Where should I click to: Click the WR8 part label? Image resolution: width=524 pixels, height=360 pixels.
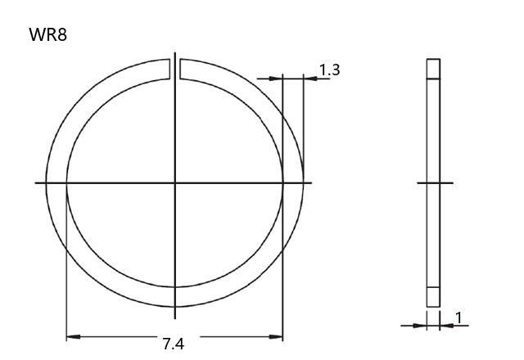(47, 34)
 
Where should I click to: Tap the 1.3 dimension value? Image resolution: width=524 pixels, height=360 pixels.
(329, 70)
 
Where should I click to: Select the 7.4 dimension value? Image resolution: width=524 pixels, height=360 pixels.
(174, 344)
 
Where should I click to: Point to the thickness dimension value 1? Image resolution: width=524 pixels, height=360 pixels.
(458, 318)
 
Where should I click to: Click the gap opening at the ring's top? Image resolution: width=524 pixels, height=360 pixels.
(174, 69)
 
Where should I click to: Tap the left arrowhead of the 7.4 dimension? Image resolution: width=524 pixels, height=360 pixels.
(73, 336)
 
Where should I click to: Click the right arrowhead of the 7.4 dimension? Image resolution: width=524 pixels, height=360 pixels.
(276, 336)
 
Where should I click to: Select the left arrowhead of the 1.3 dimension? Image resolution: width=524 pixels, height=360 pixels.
(276, 79)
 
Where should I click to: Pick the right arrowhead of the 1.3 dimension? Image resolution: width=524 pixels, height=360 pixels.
(310, 79)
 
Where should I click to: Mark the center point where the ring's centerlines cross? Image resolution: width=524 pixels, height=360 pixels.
(174, 182)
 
